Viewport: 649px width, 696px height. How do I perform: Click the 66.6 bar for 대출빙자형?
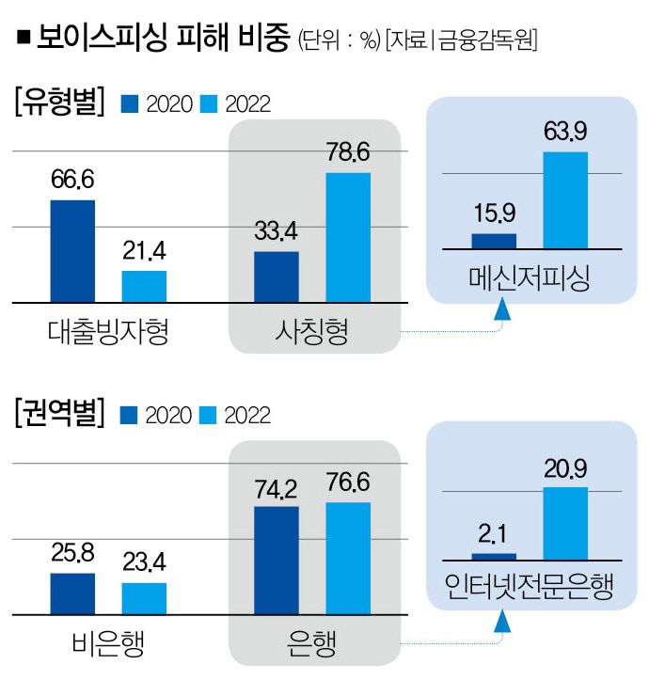pyautogui.click(x=72, y=250)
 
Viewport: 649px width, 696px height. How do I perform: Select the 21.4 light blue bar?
pyautogui.click(x=144, y=286)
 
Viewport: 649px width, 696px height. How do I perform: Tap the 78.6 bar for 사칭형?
pyautogui.click(x=348, y=237)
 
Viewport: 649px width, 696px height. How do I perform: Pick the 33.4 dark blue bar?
pyautogui.click(x=277, y=277)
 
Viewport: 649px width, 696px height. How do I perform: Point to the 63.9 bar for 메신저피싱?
pyautogui.click(x=564, y=199)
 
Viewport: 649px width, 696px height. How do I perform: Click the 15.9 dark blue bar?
pyautogui.click(x=494, y=241)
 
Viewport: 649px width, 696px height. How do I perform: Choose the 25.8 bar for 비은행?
pyautogui.click(x=72, y=593)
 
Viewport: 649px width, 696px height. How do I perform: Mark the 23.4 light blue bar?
pyautogui.click(x=144, y=597)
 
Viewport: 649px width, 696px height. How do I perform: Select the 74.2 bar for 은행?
pyautogui.click(x=277, y=559)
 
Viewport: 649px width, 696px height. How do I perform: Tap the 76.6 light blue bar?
pyautogui.click(x=348, y=557)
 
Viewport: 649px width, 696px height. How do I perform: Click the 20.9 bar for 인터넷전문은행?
pyautogui.click(x=564, y=524)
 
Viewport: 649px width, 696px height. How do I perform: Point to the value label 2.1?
pyautogui.click(x=494, y=534)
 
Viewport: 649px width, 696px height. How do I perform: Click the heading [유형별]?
pyautogui.click(x=58, y=103)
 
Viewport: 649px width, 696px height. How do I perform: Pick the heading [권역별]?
pyautogui.click(x=58, y=413)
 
